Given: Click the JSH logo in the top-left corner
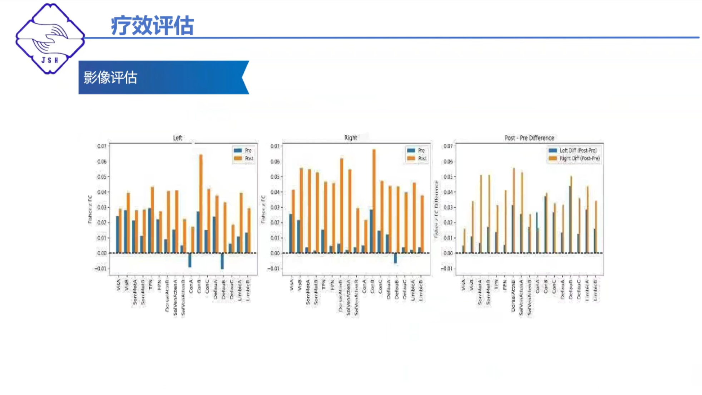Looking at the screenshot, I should point(50,39).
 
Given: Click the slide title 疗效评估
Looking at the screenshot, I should point(152,26).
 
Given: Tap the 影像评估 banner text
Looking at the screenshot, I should point(110,78).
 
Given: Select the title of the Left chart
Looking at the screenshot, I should point(177,138).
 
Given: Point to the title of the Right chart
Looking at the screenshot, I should point(350,138).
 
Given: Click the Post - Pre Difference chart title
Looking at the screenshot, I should point(529,138).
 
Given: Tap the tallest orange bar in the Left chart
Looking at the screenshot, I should point(201,204).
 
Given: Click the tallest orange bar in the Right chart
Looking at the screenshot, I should point(374,200).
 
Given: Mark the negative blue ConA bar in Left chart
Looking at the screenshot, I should point(190,260).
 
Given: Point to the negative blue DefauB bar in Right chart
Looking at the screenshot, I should point(395,258).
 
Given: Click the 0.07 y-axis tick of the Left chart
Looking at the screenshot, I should point(102,146).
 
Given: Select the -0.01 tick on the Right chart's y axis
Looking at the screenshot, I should point(275,268).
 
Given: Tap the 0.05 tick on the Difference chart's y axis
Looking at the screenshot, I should point(448,177).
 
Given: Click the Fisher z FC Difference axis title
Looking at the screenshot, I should point(436,209).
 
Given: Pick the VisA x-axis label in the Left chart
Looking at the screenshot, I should point(118,285).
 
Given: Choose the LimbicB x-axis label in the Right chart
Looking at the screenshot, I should point(421,290).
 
